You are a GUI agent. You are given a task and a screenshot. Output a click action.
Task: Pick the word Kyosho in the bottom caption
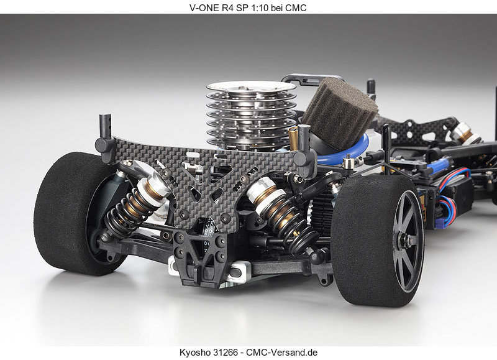tap(194, 352)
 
